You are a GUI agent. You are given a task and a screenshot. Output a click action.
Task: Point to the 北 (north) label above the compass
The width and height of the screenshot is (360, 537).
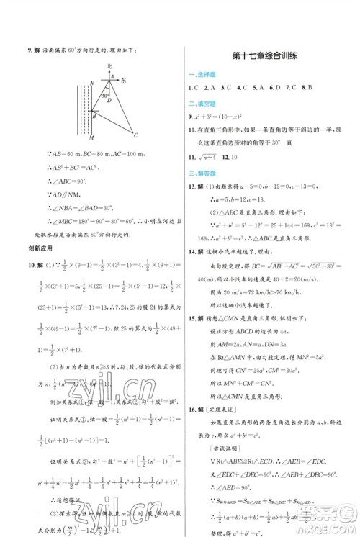[x=109, y=66]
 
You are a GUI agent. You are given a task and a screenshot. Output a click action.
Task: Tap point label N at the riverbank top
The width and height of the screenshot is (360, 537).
[x=91, y=83]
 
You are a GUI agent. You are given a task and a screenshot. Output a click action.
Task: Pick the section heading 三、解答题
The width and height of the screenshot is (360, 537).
[x=204, y=173]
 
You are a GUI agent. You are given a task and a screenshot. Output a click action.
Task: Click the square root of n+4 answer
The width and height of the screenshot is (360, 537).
[x=210, y=156]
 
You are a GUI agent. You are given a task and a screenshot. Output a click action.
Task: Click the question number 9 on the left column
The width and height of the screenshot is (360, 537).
[x=29, y=49]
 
